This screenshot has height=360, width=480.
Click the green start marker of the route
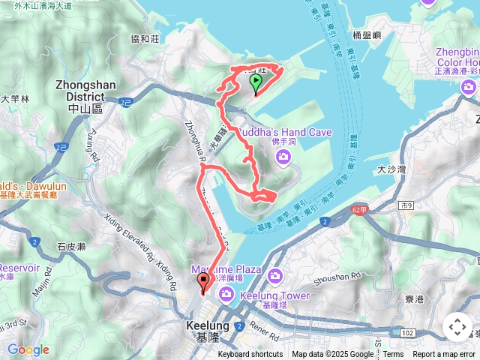click(x=255, y=83)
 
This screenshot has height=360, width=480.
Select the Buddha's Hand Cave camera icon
click(x=283, y=156)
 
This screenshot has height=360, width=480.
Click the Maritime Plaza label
click(x=225, y=268)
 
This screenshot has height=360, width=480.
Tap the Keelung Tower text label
click(x=274, y=295)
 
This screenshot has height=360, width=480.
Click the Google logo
click(x=28, y=349)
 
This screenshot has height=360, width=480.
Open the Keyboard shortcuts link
click(x=250, y=355)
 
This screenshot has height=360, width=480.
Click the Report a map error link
click(x=445, y=355)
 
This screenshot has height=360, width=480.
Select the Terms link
click(x=393, y=355)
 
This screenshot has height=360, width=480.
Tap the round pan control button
click(x=457, y=327)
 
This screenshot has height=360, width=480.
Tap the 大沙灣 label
click(x=390, y=170)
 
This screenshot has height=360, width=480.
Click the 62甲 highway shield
click(x=359, y=210)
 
